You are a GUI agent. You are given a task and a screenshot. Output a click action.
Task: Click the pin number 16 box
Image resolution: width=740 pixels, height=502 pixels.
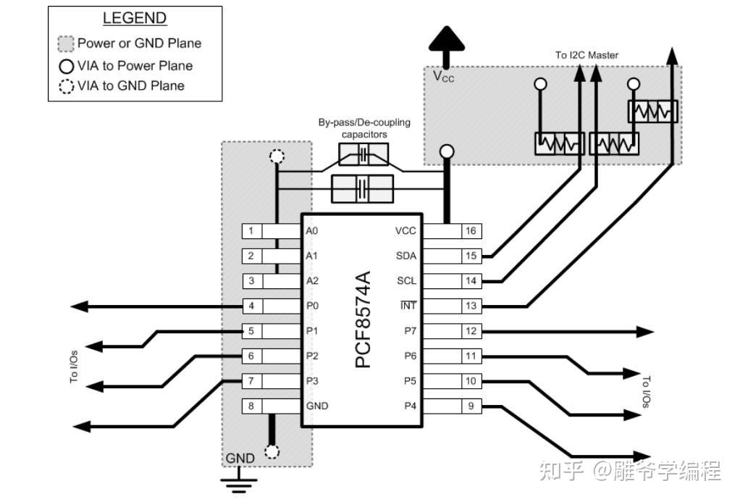click(471, 231)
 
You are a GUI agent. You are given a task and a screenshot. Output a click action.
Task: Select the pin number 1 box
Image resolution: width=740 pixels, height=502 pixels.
click(251, 231)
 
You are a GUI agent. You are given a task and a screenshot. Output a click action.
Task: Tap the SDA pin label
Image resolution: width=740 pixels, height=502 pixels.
click(405, 256)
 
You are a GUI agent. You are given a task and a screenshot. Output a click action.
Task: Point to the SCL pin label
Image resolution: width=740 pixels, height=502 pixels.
click(405, 281)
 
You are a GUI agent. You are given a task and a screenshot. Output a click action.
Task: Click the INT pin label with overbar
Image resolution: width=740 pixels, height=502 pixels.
click(408, 306)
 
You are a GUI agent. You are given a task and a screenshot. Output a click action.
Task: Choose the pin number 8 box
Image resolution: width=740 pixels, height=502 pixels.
click(251, 406)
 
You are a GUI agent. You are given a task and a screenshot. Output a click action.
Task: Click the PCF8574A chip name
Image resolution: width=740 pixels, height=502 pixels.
click(363, 319)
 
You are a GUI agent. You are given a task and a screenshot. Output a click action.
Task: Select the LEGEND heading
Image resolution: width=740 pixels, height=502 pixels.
click(135, 19)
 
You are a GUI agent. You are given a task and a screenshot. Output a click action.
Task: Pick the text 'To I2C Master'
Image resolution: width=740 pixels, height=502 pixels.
click(586, 55)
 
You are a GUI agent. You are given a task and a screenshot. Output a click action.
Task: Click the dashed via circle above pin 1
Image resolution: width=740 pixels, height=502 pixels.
click(276, 156)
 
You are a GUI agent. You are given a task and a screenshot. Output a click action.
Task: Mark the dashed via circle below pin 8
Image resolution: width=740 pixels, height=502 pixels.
click(272, 452)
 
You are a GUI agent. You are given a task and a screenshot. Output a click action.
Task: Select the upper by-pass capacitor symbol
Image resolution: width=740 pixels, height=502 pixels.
click(363, 154)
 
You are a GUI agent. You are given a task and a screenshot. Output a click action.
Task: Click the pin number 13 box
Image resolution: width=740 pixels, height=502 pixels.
click(471, 306)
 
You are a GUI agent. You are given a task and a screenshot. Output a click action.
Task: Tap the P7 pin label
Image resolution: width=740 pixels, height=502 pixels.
click(410, 331)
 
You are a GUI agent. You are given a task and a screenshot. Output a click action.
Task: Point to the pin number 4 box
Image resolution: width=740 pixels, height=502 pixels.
click(251, 306)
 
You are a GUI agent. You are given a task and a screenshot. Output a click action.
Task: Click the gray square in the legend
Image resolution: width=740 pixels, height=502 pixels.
click(67, 43)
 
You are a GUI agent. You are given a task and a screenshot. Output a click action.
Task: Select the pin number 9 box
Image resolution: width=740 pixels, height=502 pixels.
click(471, 406)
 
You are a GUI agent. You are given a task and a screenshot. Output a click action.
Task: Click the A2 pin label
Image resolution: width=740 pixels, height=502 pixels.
click(312, 281)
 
